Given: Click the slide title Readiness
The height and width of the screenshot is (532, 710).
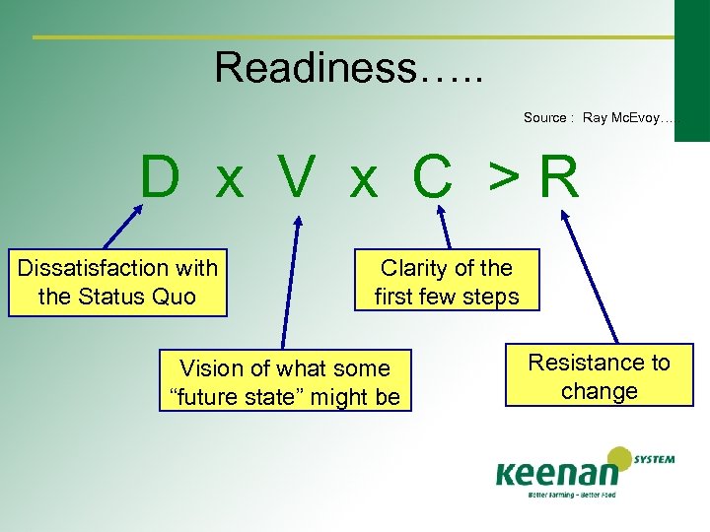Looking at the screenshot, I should [x=349, y=68].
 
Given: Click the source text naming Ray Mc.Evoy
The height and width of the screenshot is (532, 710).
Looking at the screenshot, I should [x=600, y=117].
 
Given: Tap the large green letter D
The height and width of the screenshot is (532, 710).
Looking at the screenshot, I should [x=160, y=178].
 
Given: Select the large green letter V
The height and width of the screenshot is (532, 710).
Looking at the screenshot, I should [x=296, y=178].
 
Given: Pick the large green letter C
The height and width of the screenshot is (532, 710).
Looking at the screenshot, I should [x=432, y=178].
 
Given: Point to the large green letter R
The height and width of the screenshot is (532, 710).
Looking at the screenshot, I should [x=559, y=178].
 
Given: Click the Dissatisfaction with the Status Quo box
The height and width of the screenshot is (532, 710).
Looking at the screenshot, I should [x=117, y=282].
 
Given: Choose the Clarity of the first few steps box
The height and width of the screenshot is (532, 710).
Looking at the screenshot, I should [x=447, y=282].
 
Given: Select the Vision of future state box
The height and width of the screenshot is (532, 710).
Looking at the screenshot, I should [x=285, y=382].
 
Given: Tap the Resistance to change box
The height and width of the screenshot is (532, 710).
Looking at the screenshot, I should [x=599, y=375].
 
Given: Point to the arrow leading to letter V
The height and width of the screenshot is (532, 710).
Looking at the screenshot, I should [x=288, y=281].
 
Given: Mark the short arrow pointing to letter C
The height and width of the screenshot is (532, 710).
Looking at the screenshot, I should [x=446, y=232].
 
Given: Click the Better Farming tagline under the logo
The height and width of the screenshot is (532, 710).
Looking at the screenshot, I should [x=572, y=495].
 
